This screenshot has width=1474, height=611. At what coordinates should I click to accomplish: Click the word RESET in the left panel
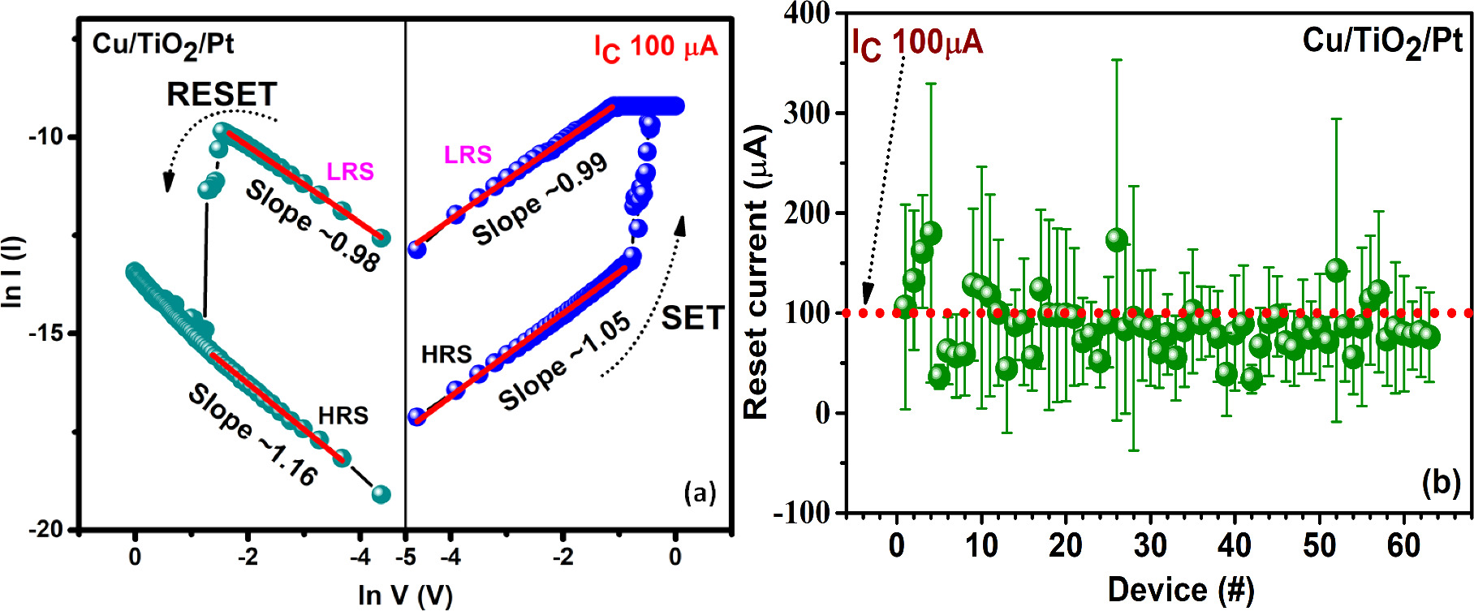click(222, 95)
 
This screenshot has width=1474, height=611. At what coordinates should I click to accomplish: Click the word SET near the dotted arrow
click(692, 317)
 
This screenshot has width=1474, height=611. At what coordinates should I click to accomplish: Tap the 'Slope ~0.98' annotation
click(312, 226)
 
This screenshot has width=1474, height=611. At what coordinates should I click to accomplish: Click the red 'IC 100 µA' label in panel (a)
click(656, 47)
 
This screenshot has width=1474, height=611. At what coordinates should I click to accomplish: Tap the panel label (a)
click(700, 493)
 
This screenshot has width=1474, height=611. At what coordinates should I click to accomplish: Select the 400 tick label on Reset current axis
click(807, 13)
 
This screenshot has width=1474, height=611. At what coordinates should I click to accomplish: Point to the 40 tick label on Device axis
click(1234, 545)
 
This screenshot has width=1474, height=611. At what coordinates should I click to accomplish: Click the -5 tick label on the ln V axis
click(405, 557)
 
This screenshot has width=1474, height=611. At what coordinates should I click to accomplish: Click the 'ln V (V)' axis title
click(405, 595)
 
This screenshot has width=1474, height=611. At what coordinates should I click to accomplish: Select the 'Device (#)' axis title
click(1180, 589)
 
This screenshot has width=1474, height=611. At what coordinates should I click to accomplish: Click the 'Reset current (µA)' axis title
click(756, 272)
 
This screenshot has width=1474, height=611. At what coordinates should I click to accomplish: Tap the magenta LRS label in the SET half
click(468, 154)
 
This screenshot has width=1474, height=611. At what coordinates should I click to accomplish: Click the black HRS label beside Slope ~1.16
click(343, 415)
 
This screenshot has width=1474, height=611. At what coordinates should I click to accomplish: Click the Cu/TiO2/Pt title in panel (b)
click(1382, 41)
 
